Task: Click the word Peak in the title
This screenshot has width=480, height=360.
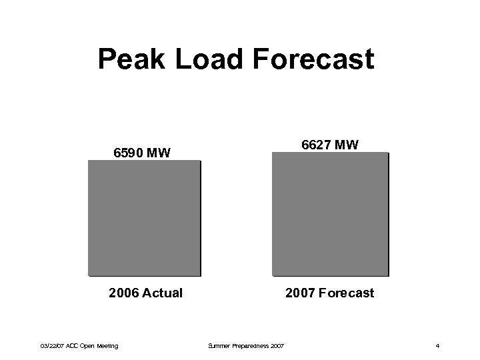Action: (131, 59)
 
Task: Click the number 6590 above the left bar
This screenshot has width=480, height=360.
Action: (129, 153)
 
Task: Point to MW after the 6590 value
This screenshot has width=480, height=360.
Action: (159, 153)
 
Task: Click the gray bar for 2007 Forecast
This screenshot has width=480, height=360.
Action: (329, 213)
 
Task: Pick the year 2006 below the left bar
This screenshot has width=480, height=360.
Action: (125, 293)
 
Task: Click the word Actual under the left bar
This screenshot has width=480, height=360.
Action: (163, 293)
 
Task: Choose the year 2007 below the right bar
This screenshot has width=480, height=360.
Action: (300, 293)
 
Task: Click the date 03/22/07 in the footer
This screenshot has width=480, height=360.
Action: (51, 345)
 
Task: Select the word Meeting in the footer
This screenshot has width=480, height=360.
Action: (107, 345)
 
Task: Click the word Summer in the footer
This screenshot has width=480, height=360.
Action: (218, 345)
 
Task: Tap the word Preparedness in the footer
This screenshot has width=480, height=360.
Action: (249, 345)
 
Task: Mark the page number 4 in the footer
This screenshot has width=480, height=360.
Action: (437, 345)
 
